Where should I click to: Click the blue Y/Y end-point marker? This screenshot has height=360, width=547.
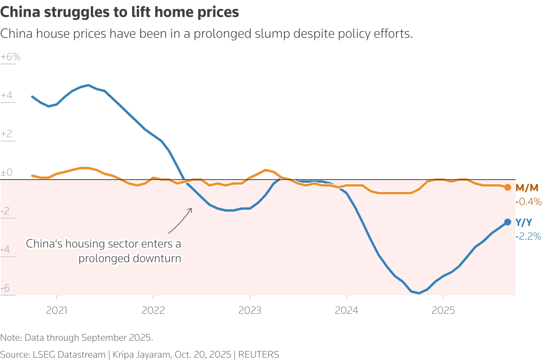click(508, 222)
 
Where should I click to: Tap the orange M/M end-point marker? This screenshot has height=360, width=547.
click(508, 187)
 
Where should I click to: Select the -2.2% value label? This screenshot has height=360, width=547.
click(528, 236)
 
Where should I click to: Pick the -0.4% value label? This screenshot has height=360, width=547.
click(528, 202)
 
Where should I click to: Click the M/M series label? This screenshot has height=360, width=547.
click(527, 188)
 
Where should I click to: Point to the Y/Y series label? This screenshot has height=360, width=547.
click(524, 222)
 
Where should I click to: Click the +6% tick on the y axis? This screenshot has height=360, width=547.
click(10, 57)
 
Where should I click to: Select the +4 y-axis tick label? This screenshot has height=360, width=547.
click(7, 96)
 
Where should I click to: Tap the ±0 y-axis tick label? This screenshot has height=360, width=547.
click(7, 173)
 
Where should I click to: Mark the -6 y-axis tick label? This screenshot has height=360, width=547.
click(5, 288)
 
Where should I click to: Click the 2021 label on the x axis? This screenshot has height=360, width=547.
click(57, 310)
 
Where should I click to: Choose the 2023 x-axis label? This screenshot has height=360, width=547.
click(250, 310)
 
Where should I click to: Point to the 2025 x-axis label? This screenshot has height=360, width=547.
click(443, 310)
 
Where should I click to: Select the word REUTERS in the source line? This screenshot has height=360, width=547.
click(258, 355)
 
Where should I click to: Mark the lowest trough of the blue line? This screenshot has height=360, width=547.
click(419, 293)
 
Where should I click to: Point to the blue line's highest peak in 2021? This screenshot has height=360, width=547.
click(88, 85)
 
